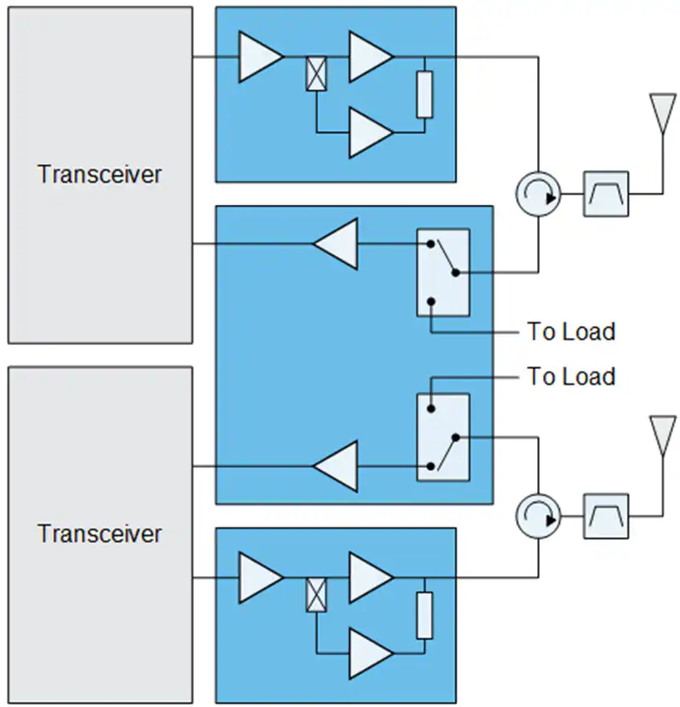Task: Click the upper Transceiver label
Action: [99, 174]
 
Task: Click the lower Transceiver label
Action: [99, 534]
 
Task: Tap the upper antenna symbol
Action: [662, 113]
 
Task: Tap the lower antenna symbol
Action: [662, 436]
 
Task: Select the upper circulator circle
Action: [538, 194]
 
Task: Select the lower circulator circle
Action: [538, 517]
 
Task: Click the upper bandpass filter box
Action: [606, 194]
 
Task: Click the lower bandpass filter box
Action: [606, 517]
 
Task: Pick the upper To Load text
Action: [571, 332]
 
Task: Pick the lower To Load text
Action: [571, 376]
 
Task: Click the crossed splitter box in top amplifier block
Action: [316, 73]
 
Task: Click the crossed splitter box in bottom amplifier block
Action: [316, 595]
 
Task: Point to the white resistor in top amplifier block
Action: [424, 94]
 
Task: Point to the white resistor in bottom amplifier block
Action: [424, 615]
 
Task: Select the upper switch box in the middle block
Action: [443, 272]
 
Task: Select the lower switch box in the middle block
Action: [443, 438]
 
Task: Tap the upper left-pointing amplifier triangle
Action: [336, 244]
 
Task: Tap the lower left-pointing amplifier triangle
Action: [336, 467]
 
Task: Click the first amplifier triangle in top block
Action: [261, 57]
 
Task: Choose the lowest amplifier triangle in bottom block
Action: [371, 653]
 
